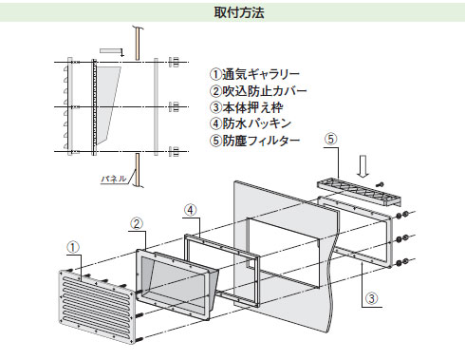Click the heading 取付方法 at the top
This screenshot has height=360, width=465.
click(232, 13)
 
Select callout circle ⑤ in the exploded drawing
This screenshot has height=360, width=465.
click(330, 140)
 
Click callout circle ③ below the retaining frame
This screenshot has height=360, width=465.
click(372, 297)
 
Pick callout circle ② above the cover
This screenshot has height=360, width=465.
click(137, 224)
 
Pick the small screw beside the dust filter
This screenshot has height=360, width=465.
click(381, 183)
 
